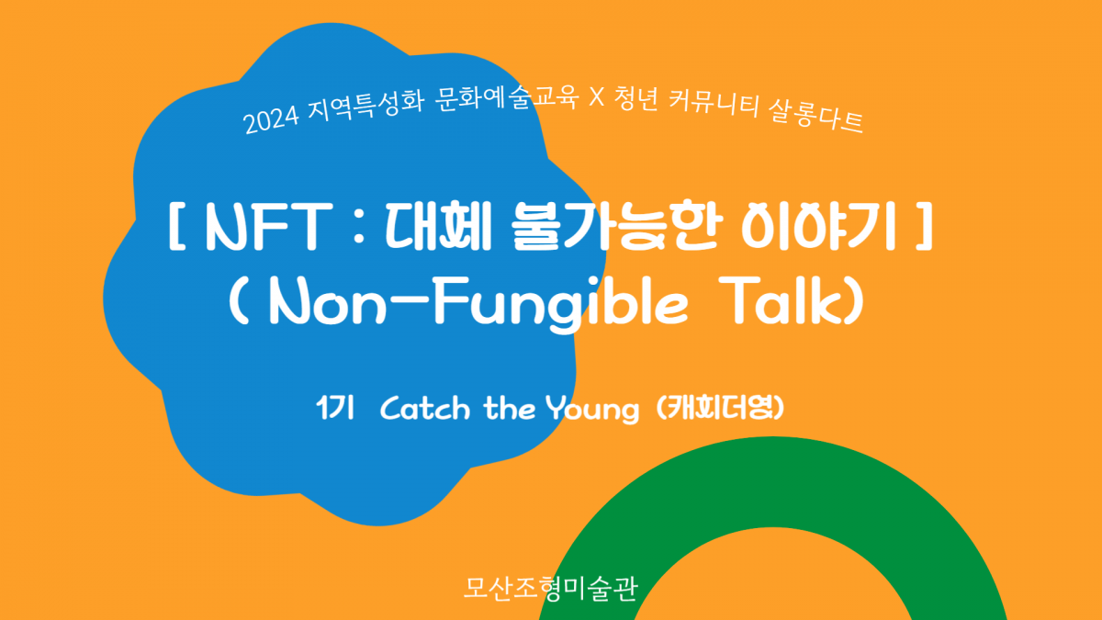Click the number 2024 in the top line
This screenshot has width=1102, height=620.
coord(271,119)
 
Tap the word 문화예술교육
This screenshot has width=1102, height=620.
coord(507,97)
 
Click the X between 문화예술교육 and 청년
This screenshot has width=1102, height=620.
coord(596,96)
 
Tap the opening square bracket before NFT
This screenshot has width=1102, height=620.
coord(176,227)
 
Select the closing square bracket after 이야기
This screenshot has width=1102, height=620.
coord(925,227)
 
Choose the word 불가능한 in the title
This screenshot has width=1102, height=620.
coord(617,227)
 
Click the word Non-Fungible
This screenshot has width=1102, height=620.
coord(478,302)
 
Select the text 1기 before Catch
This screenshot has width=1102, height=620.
coord(335,408)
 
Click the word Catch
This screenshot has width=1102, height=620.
coord(425,409)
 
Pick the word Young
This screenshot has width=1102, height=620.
coord(592,410)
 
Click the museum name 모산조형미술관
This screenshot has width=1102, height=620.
coord(550,588)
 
